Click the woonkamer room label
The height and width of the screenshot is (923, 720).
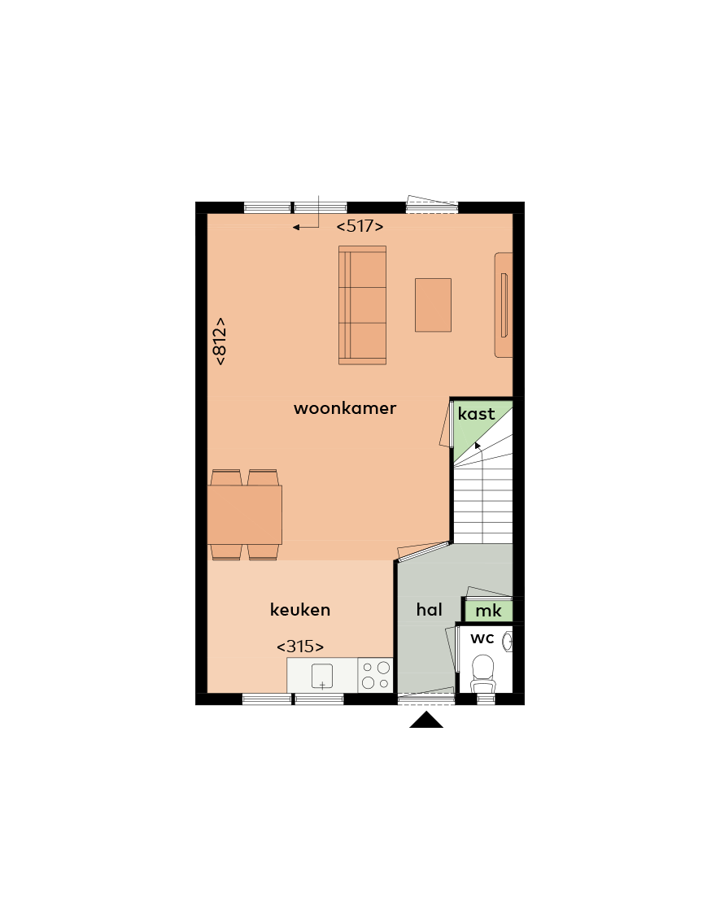345,408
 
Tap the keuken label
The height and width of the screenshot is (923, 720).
300,609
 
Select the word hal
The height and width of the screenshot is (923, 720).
430,609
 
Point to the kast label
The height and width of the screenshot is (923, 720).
476,414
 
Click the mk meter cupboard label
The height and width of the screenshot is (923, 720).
489,611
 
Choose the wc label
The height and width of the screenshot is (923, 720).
482,638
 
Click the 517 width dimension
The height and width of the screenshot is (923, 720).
360,226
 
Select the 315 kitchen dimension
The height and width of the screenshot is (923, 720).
300,647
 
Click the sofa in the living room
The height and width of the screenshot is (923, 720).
363,305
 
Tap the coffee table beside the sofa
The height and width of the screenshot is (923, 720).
434,305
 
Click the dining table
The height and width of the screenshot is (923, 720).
245,515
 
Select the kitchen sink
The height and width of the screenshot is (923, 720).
322,676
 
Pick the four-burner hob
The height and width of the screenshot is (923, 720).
375,675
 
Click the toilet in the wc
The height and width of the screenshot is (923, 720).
483,674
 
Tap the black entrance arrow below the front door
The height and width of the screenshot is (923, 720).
426,720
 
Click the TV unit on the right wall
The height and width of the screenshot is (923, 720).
504,305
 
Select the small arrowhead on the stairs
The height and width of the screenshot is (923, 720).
478,446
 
